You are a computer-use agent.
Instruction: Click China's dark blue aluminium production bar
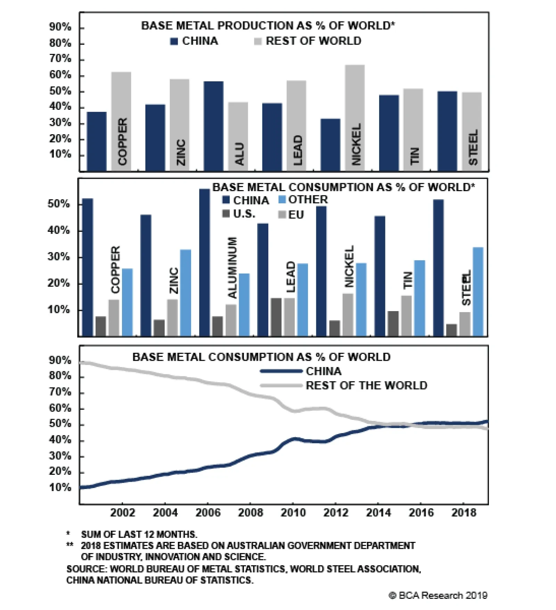213,126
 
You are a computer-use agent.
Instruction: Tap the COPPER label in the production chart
122,141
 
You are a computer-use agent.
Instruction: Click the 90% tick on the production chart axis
60,27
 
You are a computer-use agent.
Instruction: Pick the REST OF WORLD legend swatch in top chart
257,41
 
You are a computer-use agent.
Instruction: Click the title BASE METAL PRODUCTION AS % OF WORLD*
268,26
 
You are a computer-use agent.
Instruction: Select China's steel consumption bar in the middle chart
439,268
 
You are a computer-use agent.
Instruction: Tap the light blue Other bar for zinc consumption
185,293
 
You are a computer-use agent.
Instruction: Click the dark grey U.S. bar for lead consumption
276,317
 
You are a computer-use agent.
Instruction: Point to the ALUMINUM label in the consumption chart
232,267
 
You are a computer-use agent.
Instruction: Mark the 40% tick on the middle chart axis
59,230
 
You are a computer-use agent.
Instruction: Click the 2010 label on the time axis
293,512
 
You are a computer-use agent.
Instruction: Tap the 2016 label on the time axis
421,512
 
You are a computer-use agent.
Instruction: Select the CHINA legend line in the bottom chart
281,371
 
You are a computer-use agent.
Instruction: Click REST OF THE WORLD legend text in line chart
366,385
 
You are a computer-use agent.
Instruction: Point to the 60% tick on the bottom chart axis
60,408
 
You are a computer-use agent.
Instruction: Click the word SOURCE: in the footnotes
87,569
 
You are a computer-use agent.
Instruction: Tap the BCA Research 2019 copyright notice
438,595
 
